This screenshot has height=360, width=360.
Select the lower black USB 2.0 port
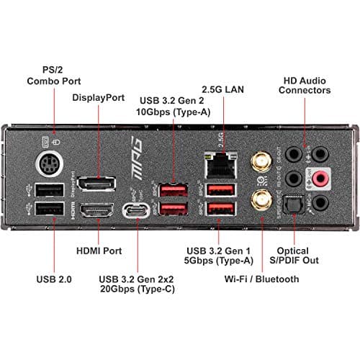tap(48, 211)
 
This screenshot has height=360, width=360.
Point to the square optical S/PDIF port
tap(292, 206)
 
